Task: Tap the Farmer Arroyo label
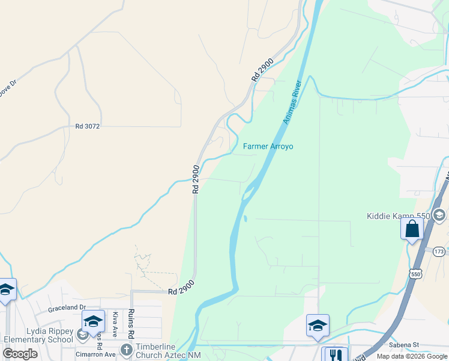[268, 146]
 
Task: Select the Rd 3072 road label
[87, 126]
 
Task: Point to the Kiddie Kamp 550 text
[399, 216]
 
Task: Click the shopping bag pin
[412, 229]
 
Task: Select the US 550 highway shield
[416, 274]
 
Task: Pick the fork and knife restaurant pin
[334, 356]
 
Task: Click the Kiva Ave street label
[115, 324]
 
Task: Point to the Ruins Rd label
[130, 322]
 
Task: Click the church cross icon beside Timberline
[126, 350]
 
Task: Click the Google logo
[20, 354]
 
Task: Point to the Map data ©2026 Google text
[411, 356]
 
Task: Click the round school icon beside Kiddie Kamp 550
[439, 215]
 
